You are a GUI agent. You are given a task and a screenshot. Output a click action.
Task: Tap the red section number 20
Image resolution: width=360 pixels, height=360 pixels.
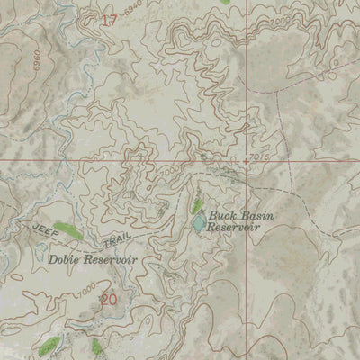109,300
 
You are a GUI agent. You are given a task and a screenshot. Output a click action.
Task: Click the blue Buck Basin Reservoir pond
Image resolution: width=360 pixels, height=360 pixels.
198,222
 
